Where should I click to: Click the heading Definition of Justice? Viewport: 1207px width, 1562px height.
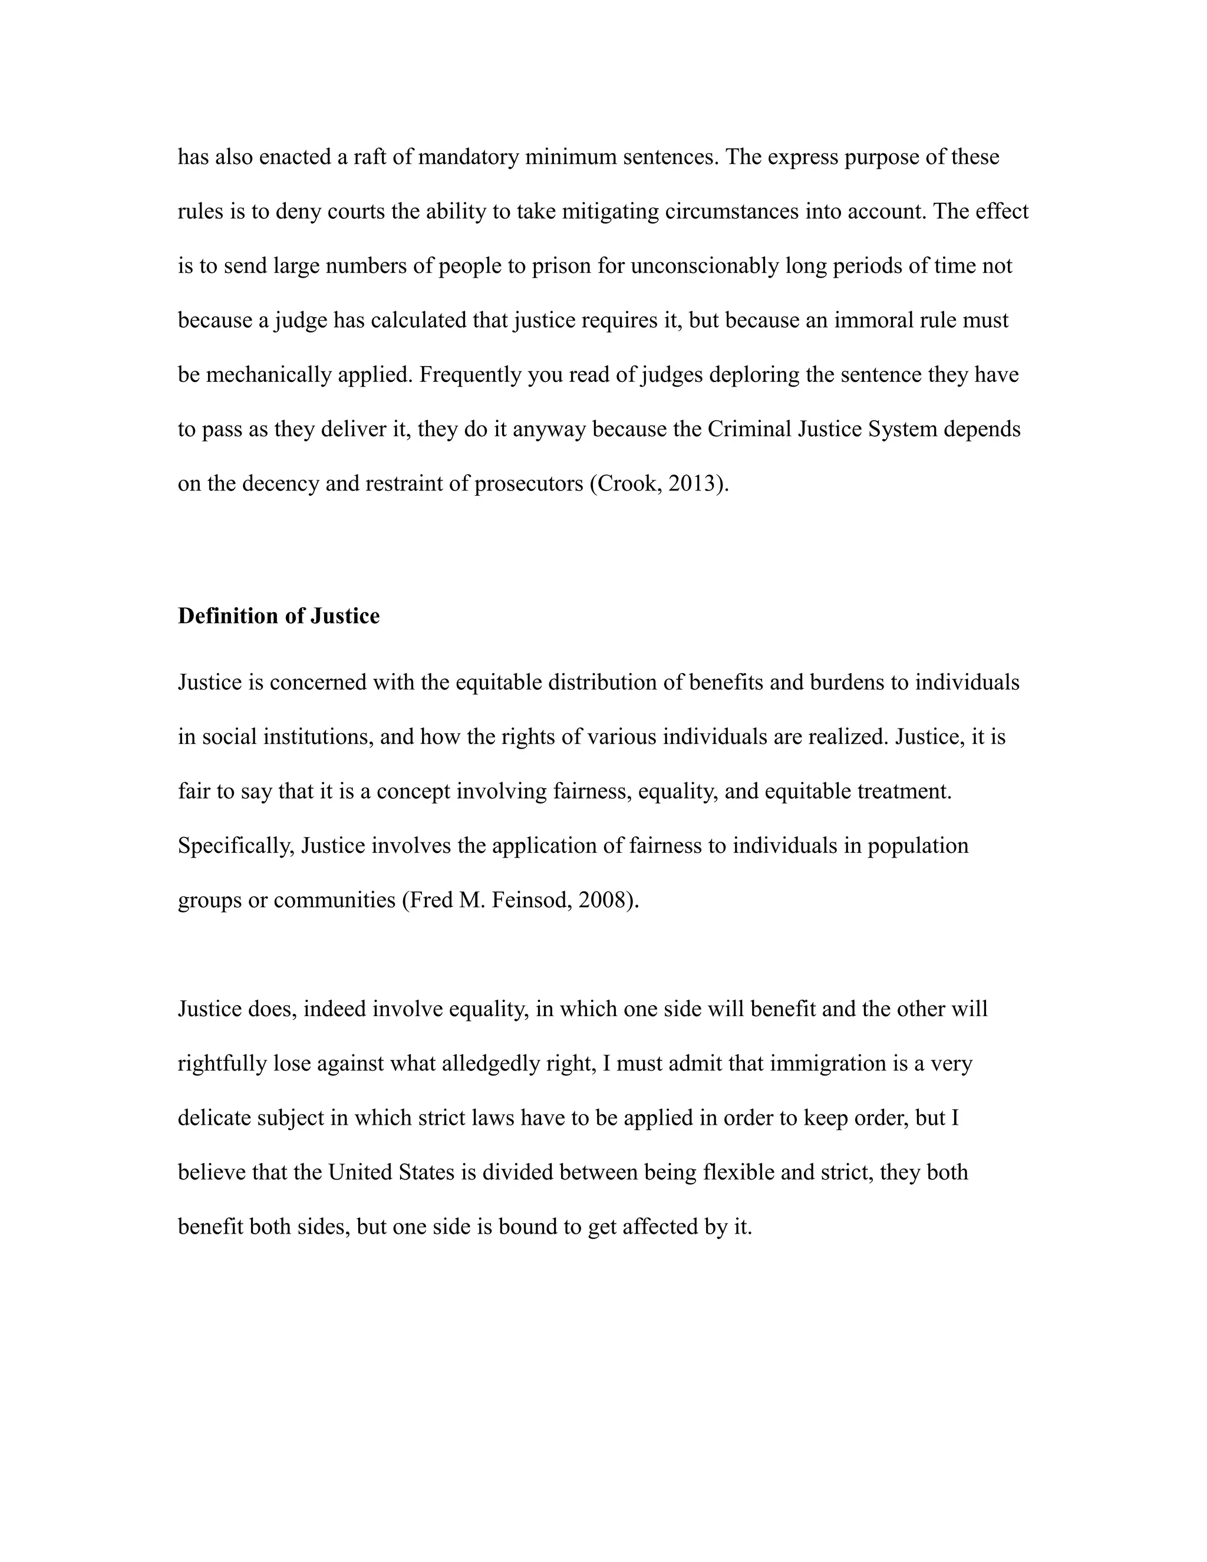278,616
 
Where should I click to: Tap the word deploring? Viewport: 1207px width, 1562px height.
754,375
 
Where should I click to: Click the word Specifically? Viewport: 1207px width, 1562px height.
236,845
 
